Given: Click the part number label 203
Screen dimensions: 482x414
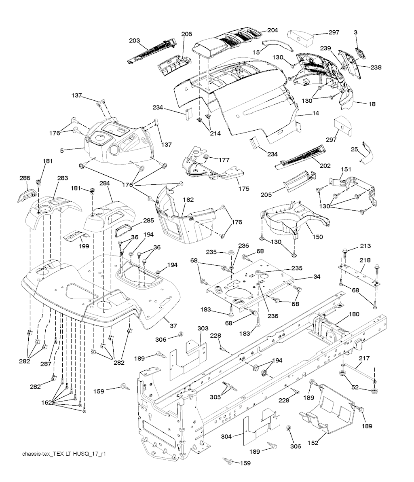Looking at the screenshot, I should [135, 41].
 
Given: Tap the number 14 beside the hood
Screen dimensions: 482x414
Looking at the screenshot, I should [315, 114].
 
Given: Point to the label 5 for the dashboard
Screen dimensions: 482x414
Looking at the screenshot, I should [62, 151].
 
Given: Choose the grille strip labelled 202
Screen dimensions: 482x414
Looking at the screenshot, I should [299, 157].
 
